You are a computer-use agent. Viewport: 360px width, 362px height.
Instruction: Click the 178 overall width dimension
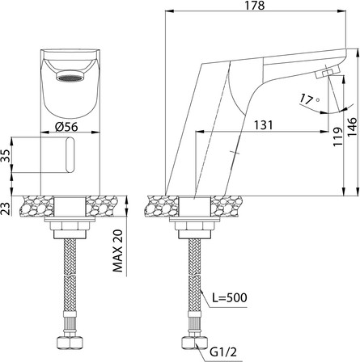tap(255, 6)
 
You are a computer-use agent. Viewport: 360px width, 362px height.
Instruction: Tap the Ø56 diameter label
tap(66, 127)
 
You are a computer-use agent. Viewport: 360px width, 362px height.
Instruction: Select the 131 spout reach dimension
tap(263, 125)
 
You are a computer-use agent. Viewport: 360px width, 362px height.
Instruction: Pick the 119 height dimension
tap(337, 137)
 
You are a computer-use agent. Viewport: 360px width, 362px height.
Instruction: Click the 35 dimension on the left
tap(6, 155)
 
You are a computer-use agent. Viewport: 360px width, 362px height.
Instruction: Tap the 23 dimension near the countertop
tap(6, 208)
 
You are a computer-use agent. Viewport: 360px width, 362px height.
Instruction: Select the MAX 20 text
tap(117, 250)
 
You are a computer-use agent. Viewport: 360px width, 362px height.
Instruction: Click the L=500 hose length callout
tap(229, 297)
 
